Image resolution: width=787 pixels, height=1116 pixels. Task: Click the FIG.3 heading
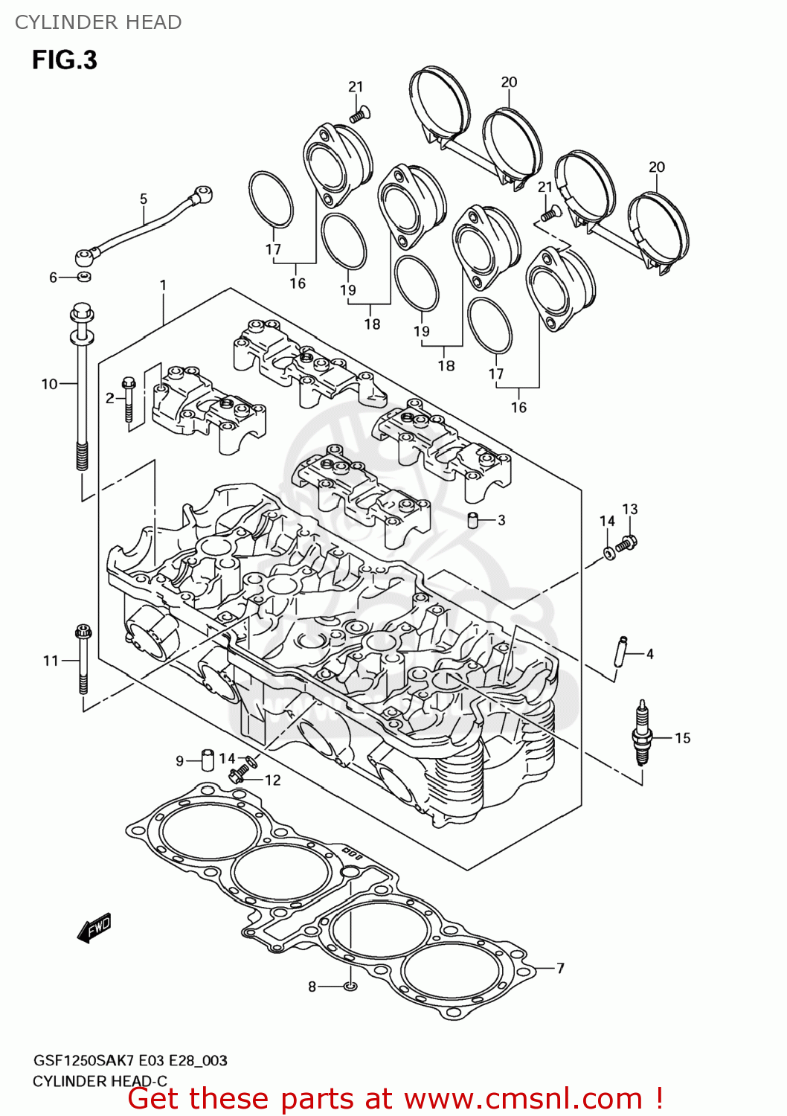click(x=65, y=60)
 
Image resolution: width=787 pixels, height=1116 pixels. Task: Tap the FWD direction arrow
click(x=94, y=928)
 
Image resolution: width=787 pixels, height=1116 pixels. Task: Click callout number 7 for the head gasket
click(x=560, y=968)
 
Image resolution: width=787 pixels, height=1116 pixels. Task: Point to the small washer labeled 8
click(x=350, y=987)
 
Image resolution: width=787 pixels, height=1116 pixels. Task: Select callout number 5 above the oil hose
click(x=144, y=199)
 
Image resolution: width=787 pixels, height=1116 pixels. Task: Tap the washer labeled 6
click(x=84, y=278)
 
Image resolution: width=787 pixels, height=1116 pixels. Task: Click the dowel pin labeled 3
click(x=472, y=519)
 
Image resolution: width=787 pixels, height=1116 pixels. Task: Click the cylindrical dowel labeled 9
click(x=208, y=760)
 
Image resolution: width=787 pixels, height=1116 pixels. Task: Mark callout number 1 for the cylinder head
click(x=163, y=285)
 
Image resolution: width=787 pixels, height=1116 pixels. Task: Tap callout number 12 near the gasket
click(x=273, y=780)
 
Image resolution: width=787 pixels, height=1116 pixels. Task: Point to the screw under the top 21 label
click(x=360, y=115)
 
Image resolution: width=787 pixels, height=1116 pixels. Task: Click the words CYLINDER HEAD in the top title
click(x=98, y=22)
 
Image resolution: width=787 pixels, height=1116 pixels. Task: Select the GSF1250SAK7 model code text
click(x=82, y=1060)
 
